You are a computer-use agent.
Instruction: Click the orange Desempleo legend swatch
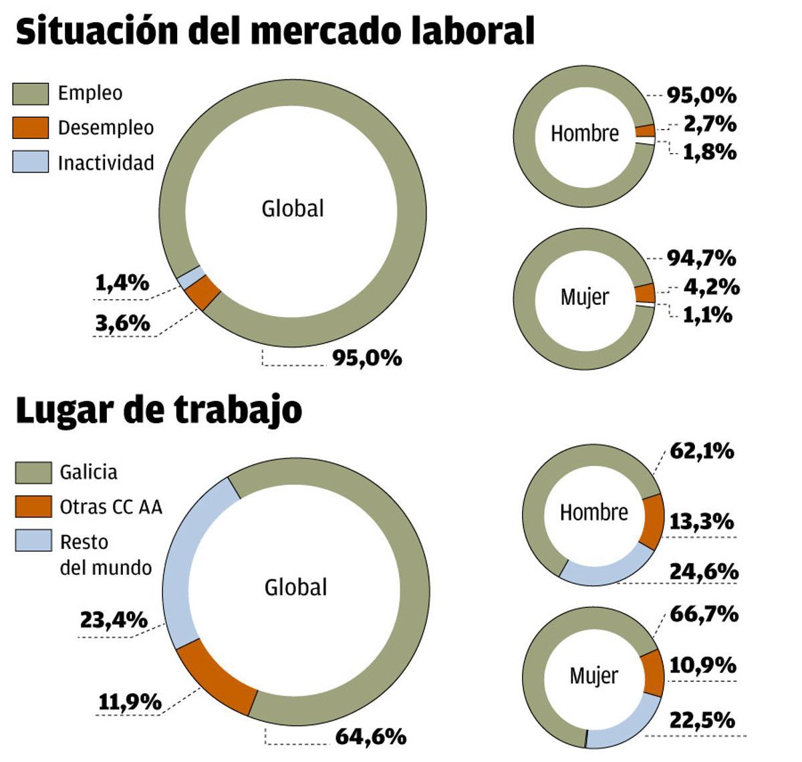[31, 128]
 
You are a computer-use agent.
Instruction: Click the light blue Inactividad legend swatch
[31, 162]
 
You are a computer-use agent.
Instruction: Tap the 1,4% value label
[122, 283]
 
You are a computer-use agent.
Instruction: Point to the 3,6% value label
[122, 324]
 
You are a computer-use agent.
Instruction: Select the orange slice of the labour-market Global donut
[203, 293]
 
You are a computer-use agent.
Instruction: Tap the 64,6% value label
[370, 737]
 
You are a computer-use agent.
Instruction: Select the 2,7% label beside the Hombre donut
[710, 124]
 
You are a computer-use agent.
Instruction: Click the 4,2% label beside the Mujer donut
[711, 287]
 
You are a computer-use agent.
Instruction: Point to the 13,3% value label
[701, 521]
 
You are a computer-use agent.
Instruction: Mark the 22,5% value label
[702, 720]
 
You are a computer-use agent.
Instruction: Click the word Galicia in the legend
[88, 472]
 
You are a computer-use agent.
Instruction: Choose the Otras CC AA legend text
[111, 507]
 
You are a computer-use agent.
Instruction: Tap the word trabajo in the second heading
[238, 410]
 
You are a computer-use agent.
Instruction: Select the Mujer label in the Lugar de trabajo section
[593, 676]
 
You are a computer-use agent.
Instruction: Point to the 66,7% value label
[704, 614]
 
